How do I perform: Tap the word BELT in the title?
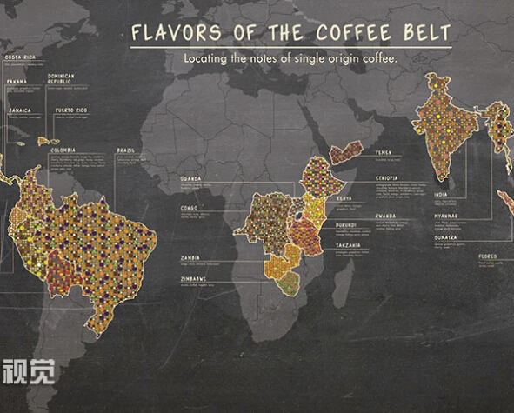coord(427,34)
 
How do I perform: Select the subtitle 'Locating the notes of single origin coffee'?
coord(290,58)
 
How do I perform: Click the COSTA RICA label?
coord(20,57)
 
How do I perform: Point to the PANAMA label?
coord(17,81)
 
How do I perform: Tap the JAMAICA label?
coord(19,110)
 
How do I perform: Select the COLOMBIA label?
coord(63,150)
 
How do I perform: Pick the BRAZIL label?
coord(126,150)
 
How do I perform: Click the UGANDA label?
coord(190,178)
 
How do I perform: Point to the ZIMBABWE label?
coord(193,279)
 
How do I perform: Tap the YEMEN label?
coord(384,152)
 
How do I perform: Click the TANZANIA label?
coord(349,245)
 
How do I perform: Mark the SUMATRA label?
coord(445,236)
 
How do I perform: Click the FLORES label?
coord(487,256)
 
